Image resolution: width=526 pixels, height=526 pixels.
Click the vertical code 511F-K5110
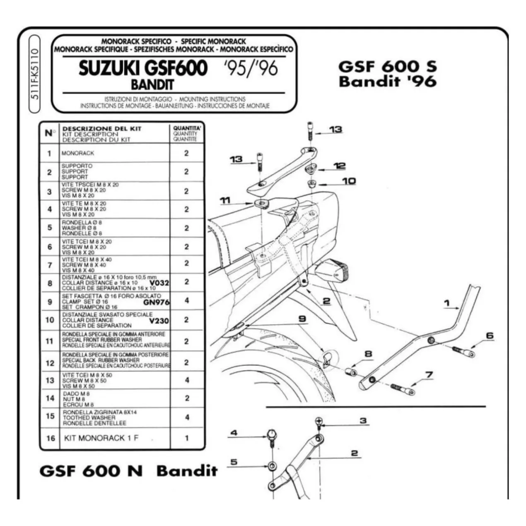pos(35,74)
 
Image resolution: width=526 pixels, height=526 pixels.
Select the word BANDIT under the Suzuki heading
pos(152,84)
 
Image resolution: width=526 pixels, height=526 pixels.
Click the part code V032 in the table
pos(159,283)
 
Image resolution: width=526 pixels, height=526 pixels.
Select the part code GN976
pos(156,302)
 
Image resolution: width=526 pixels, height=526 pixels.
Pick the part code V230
pos(159,321)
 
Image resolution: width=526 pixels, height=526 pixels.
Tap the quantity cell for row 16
pos(187,438)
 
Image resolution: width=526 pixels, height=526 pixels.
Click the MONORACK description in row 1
pos(78,153)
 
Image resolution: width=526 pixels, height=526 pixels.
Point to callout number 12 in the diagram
pos(339,166)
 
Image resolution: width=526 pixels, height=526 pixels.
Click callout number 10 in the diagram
pos(349,181)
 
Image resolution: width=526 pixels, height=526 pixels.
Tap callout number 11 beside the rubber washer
pos(226,200)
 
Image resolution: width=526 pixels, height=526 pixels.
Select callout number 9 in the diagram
pos(302,318)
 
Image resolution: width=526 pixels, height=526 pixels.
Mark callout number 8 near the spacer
pos(368,354)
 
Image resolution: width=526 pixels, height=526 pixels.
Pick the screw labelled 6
pos(464,351)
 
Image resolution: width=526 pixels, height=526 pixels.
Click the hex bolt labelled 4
pos(271,441)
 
